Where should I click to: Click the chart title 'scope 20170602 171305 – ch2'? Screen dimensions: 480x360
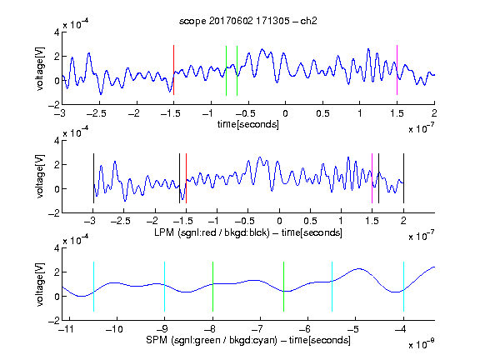tap(248, 21)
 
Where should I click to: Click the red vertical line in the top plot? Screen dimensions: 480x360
tap(174, 70)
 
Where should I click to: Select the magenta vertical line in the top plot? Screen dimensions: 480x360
tap(397, 70)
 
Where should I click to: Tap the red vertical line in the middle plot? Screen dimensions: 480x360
tap(186, 178)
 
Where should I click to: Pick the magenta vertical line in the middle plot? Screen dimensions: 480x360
tap(372, 178)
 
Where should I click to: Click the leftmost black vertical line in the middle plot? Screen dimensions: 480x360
tap(93, 178)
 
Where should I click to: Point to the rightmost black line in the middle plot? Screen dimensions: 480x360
tap(403, 178)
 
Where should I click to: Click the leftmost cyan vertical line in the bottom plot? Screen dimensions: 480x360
tap(93, 287)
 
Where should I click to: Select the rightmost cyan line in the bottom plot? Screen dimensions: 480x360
tap(403, 287)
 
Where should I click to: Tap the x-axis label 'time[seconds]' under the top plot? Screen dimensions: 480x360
tap(248, 124)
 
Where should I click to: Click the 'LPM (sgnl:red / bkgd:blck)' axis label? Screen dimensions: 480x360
tap(212, 232)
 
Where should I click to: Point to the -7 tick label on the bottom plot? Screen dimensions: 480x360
tap(257, 329)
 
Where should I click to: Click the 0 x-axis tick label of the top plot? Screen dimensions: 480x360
tap(285, 113)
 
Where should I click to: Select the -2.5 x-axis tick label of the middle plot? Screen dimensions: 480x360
tap(120, 221)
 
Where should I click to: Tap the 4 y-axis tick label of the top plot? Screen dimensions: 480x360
tap(57, 32)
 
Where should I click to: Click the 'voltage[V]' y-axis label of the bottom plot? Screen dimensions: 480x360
tap(40, 285)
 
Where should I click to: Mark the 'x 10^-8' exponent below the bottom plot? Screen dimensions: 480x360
tap(421, 344)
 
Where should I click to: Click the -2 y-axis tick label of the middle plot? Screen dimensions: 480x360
tap(54, 213)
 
